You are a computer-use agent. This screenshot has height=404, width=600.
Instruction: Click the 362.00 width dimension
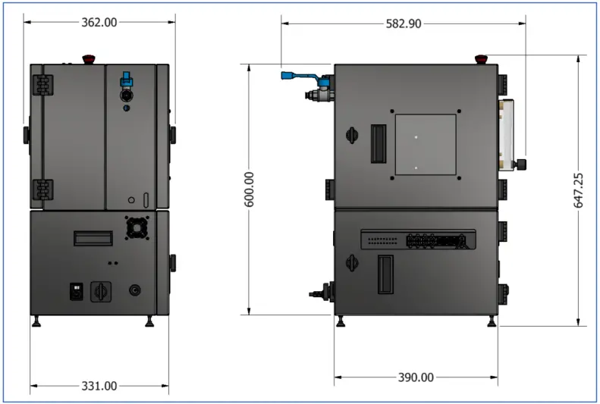[x=99, y=23]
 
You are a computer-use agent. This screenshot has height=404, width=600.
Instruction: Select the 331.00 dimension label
[x=99, y=386]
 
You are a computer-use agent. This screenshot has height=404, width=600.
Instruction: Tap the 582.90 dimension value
[x=404, y=23]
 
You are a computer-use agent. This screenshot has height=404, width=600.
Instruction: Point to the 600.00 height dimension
[x=250, y=189]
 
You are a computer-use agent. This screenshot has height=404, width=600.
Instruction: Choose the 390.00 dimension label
[x=416, y=377]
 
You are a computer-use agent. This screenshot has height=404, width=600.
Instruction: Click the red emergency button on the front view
[x=86, y=58]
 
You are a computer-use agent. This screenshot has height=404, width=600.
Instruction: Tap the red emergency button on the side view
[x=481, y=58]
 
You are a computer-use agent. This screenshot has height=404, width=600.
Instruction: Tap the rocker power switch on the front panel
[x=77, y=290]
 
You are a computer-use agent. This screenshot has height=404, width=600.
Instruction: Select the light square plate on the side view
[x=426, y=144]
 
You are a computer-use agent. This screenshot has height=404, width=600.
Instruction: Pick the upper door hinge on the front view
[x=43, y=83]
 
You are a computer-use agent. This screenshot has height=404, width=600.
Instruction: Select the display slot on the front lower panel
[x=93, y=238]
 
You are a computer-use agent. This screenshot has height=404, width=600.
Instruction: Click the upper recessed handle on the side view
[x=378, y=142]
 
